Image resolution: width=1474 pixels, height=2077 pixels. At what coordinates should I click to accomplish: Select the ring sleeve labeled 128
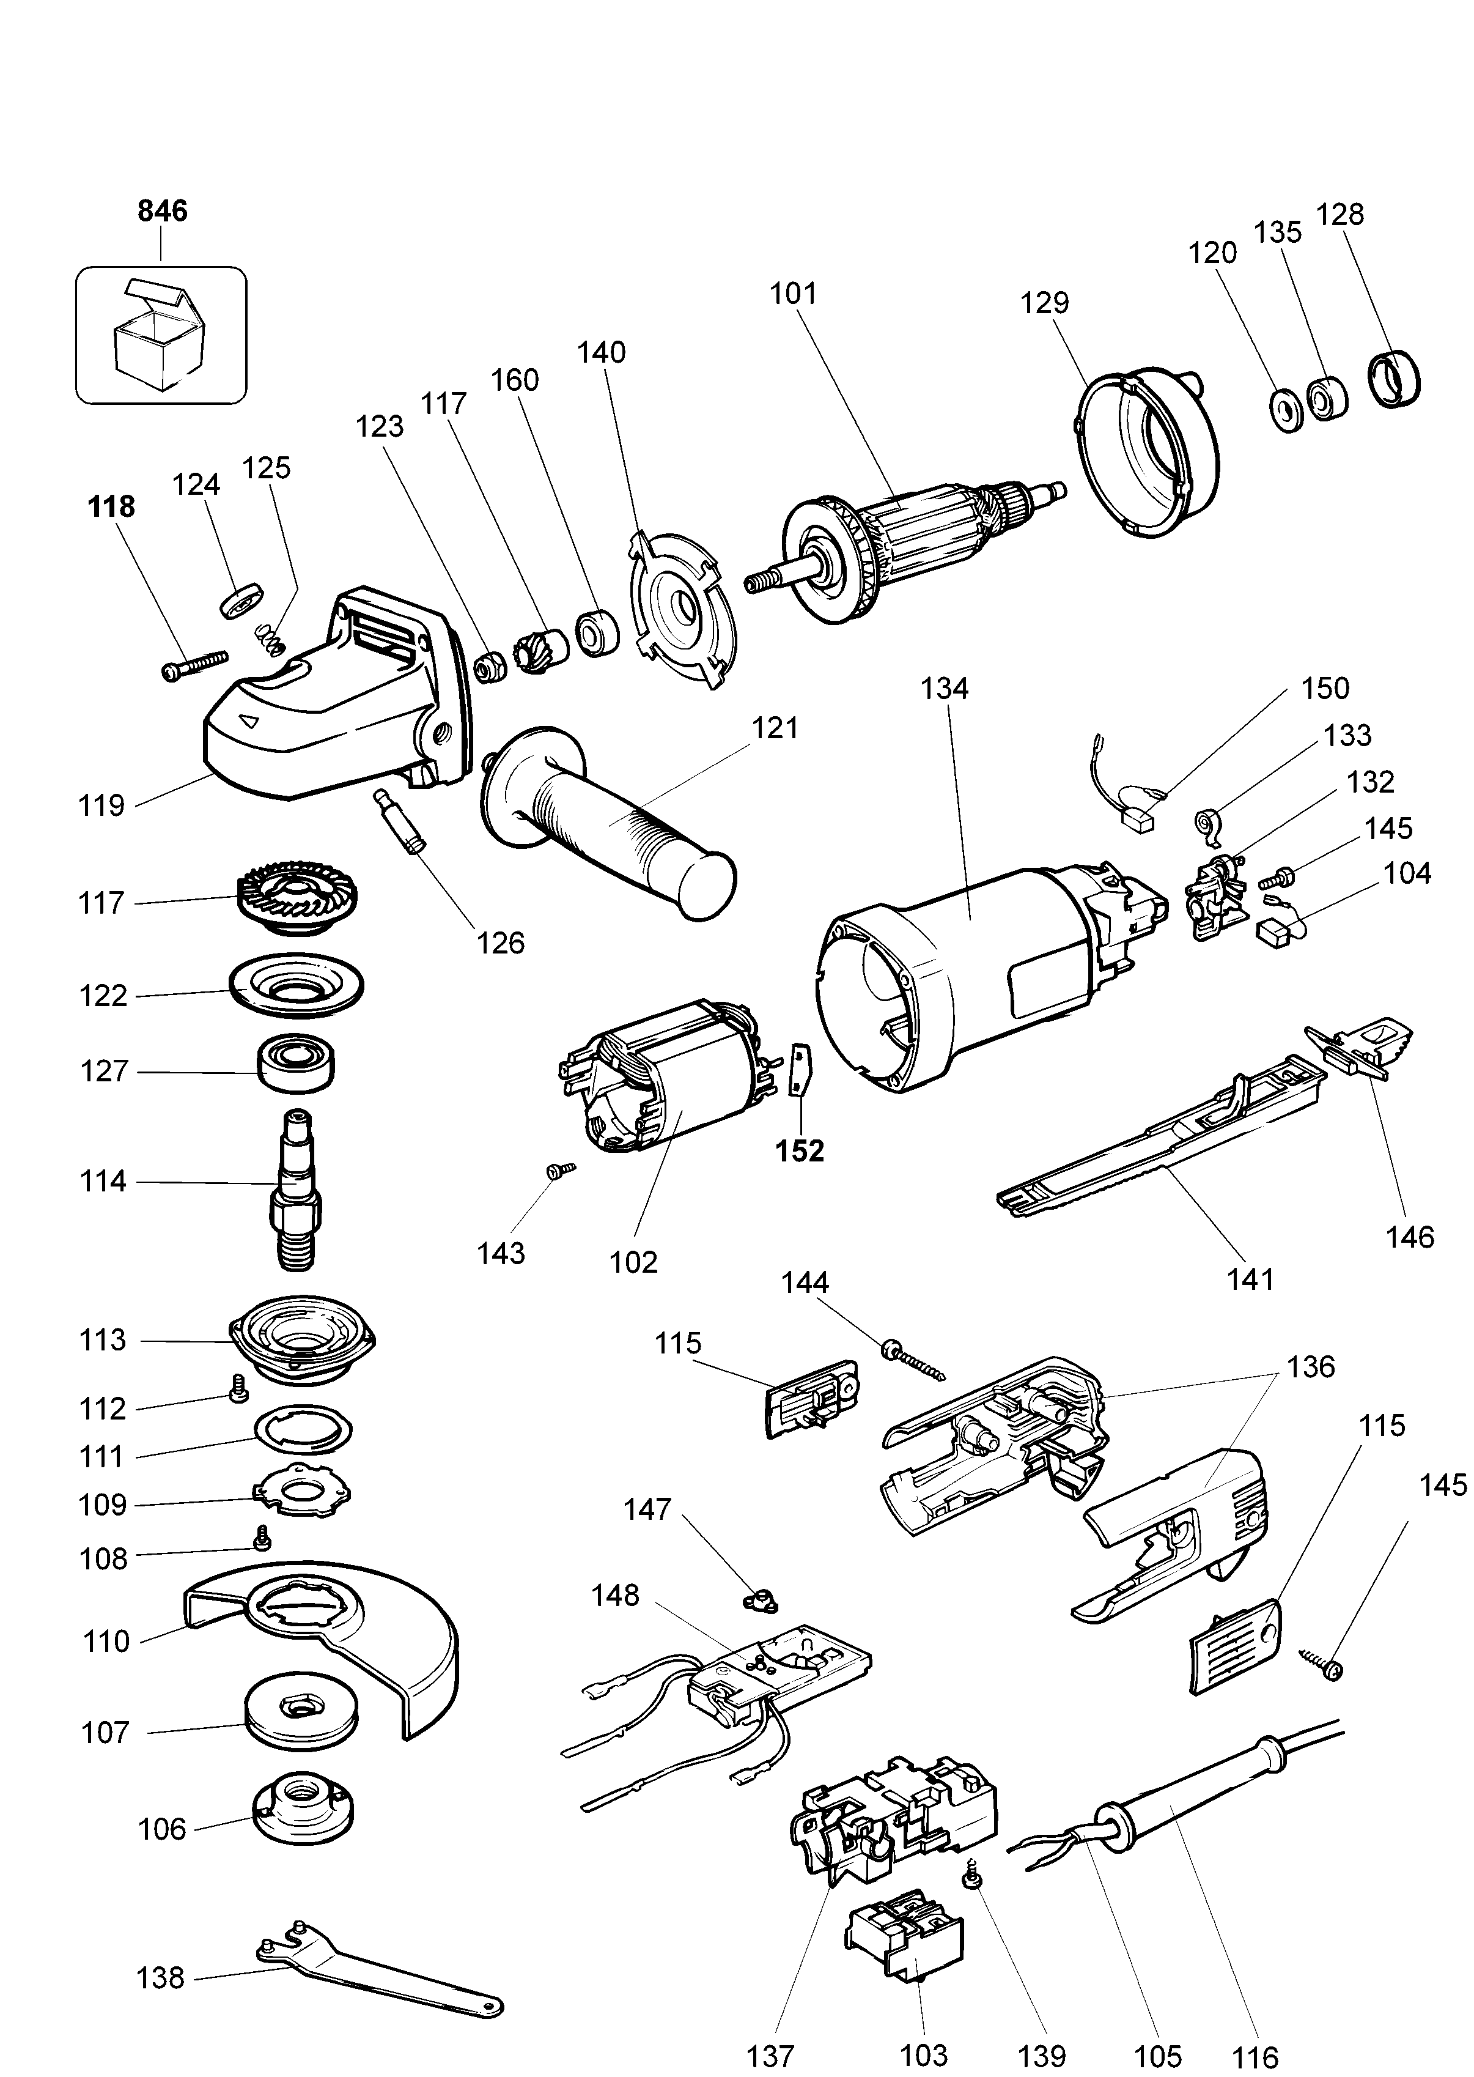1393,379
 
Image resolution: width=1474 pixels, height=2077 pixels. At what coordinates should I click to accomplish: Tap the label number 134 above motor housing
944,688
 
